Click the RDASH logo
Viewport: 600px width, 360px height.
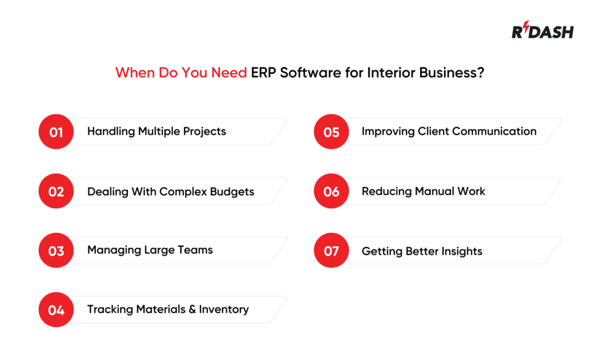tap(542, 30)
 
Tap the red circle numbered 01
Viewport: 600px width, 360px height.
tap(56, 132)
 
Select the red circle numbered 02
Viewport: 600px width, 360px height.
tap(56, 192)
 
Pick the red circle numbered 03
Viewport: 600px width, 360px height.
tap(56, 251)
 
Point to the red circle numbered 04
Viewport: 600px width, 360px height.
tap(56, 310)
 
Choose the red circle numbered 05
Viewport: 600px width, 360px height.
tap(331, 132)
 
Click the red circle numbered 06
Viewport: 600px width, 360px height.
tap(331, 192)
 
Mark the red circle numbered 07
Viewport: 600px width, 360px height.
tap(331, 251)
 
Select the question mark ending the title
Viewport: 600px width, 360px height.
tap(480, 73)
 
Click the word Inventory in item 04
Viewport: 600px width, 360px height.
tap(224, 310)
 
